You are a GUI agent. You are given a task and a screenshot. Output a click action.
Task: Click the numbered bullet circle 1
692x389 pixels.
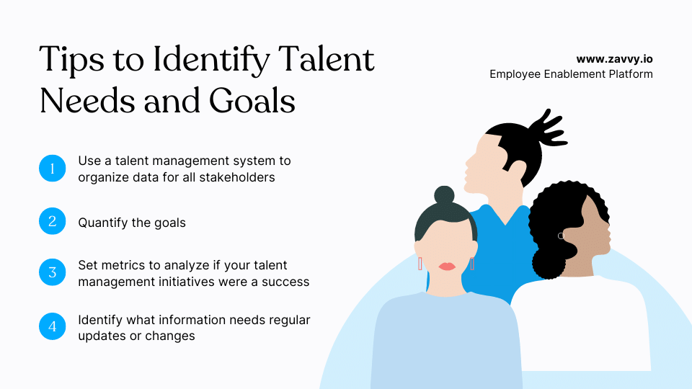tap(52, 169)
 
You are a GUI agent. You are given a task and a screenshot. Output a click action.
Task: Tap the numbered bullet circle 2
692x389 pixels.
tap(52, 222)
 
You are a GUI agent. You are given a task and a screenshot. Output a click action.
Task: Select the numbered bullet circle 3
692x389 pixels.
tap(52, 272)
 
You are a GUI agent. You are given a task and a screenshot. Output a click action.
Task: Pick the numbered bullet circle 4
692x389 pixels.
tap(52, 326)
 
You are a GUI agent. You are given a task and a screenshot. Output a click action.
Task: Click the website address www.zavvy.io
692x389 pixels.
tap(614, 59)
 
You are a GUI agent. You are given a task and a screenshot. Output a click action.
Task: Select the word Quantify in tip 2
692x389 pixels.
tap(103, 223)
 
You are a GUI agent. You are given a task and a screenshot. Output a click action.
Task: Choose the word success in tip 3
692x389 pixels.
tap(285, 281)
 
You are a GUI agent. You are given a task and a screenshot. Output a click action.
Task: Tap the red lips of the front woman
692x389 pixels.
tap(447, 267)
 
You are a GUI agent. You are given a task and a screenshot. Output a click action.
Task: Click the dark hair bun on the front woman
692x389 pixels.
tap(444, 195)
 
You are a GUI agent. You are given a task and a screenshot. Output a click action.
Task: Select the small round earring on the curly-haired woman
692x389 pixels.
tap(560, 236)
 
